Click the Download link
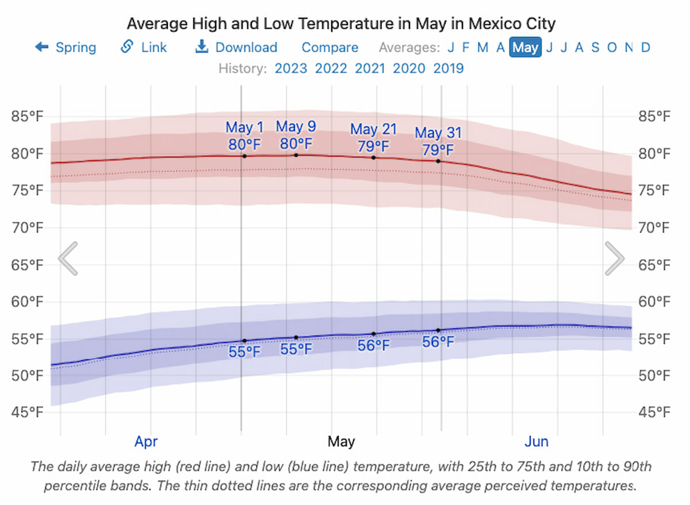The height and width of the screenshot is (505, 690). (x=236, y=47)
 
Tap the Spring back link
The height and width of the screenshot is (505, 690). (x=66, y=47)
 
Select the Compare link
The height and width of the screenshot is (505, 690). (x=330, y=48)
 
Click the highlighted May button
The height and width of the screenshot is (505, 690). (x=525, y=47)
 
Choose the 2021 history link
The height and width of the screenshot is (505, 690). (x=370, y=68)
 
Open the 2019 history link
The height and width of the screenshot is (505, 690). (x=448, y=68)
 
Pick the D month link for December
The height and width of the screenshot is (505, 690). (x=646, y=48)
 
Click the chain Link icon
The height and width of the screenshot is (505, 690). (x=127, y=47)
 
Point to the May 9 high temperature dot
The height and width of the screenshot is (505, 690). (x=296, y=155)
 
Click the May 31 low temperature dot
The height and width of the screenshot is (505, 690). (x=438, y=330)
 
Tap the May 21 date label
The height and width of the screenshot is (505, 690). (x=373, y=129)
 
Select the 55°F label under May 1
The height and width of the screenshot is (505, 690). (x=244, y=352)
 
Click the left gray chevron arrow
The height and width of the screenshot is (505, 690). (x=68, y=258)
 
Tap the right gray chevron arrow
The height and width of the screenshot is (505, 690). (x=615, y=258)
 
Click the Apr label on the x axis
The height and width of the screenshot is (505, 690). (x=146, y=442)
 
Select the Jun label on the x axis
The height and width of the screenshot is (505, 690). (x=536, y=442)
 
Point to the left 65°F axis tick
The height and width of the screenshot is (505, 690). (x=27, y=265)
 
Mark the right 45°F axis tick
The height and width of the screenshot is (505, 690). (x=654, y=412)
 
